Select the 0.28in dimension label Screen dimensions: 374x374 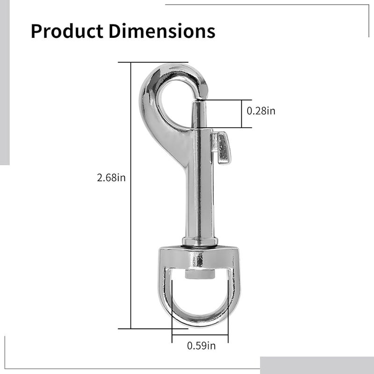click(x=261, y=111)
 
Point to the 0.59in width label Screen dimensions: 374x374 click(x=201, y=345)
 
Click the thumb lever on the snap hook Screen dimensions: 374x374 click(x=222, y=148)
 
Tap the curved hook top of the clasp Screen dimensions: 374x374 click(x=178, y=72)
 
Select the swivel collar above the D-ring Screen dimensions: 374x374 click(x=200, y=242)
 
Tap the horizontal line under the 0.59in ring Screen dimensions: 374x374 click(x=200, y=335)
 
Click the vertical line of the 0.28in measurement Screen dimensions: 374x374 click(x=242, y=114)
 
